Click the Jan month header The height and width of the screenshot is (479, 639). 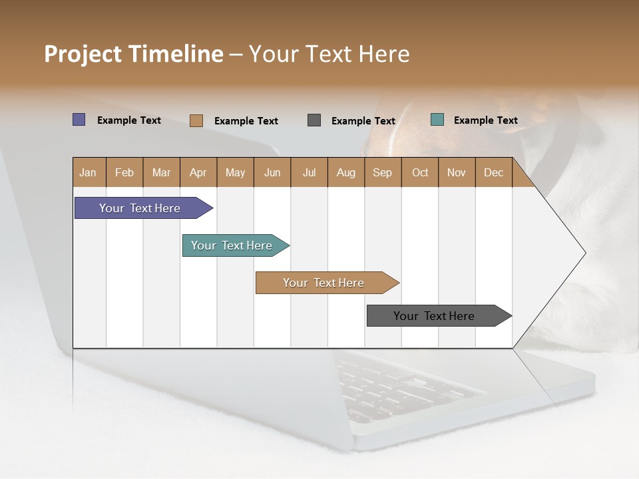point(89,172)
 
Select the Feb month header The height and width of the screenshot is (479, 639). point(124,172)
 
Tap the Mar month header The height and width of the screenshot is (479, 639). point(161,172)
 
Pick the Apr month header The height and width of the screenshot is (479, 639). point(198,172)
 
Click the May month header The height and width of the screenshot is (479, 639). point(235,172)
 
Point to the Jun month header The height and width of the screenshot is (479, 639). point(272,172)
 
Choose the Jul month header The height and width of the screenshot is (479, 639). point(309,172)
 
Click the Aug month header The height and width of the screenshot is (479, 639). point(346,172)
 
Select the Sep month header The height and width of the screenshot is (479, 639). point(383,172)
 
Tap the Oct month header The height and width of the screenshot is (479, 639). point(420,172)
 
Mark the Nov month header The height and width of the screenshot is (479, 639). point(457,172)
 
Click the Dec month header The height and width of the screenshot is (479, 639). point(494,172)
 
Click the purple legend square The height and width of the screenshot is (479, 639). point(79,120)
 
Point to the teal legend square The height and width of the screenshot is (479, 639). point(437,120)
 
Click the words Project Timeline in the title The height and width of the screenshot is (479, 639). point(134,54)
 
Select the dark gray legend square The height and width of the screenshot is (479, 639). point(314,120)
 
